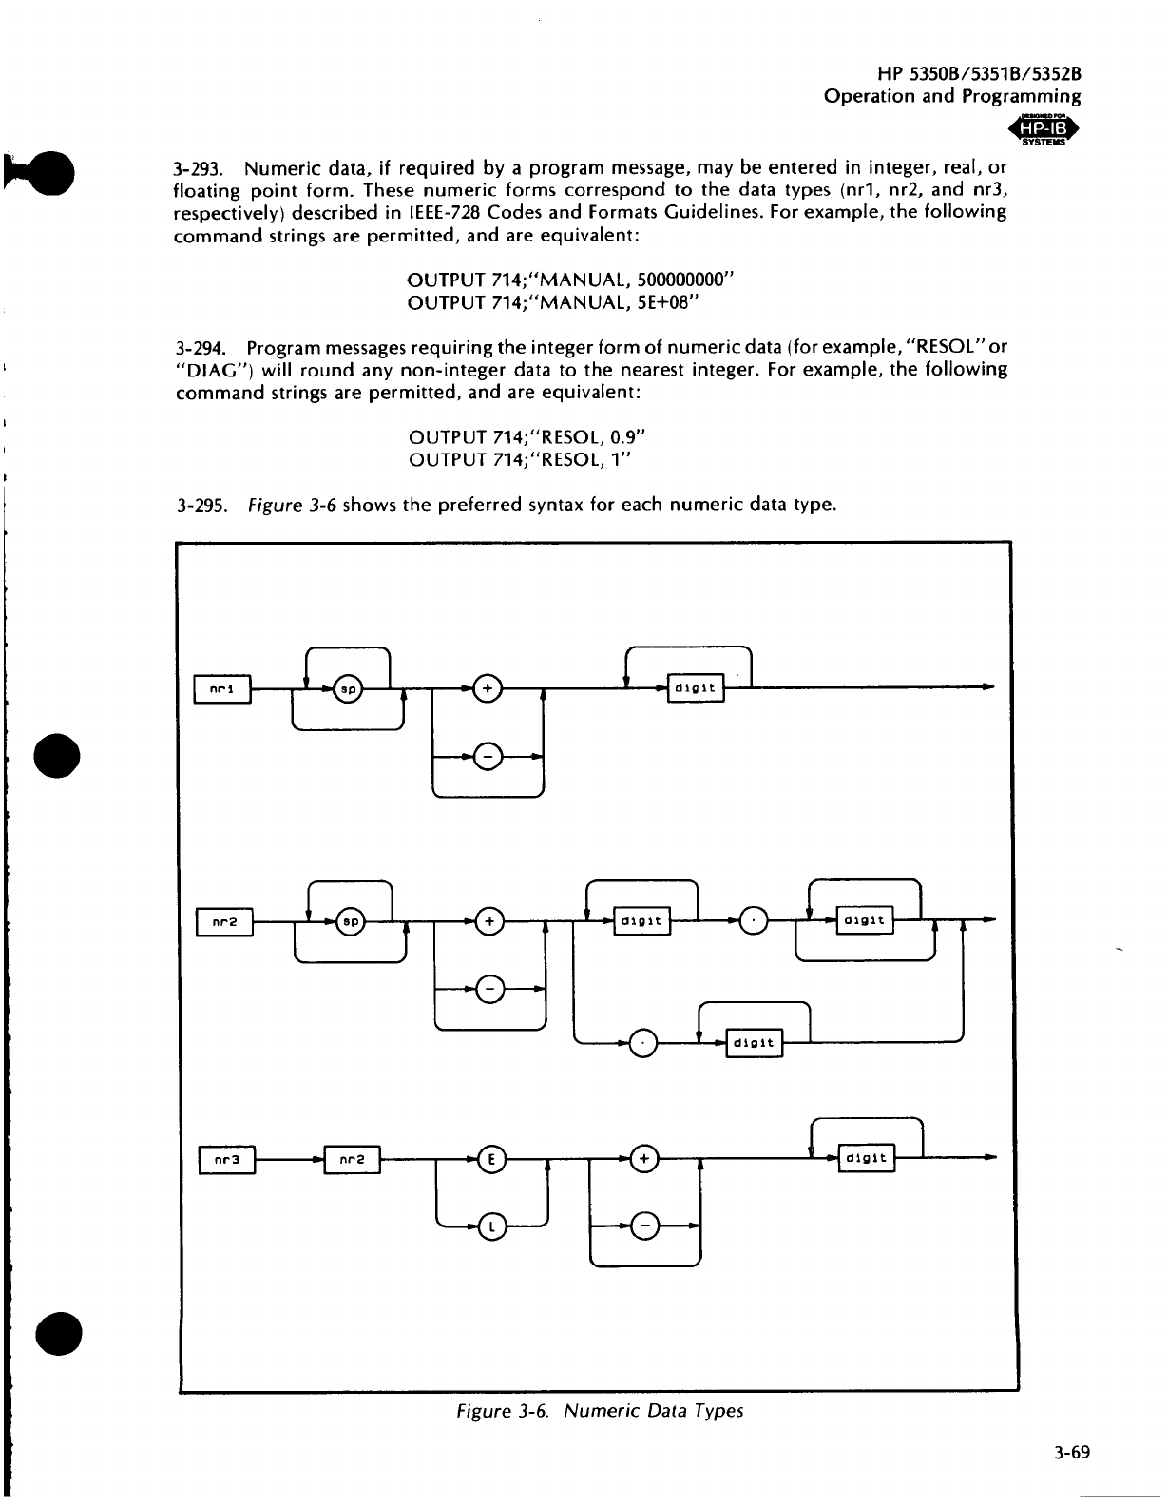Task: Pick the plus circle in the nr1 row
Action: click(487, 687)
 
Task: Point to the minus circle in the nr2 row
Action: click(489, 990)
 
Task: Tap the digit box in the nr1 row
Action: click(697, 687)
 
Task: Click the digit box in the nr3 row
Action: click(866, 1159)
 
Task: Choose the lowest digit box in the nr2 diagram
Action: click(754, 1043)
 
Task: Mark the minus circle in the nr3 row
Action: click(646, 1227)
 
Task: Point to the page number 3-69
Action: click(1069, 1453)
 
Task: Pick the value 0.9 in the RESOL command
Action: click(624, 437)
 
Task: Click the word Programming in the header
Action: click(1021, 96)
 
